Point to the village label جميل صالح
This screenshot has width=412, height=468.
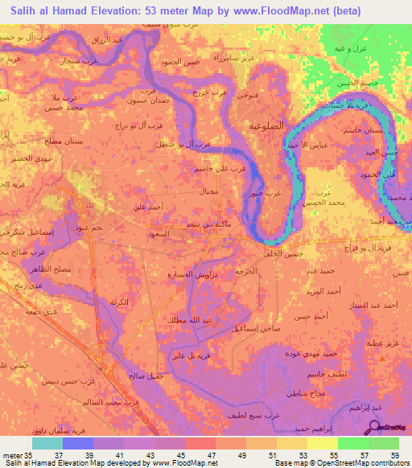[x=146, y=376]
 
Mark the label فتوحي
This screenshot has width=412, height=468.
[x=245, y=94]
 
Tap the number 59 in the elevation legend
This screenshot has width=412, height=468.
[x=393, y=455]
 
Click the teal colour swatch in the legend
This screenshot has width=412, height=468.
[x=47, y=442]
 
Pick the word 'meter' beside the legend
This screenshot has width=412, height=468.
[x=12, y=455]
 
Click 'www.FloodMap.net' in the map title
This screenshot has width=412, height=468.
[x=290, y=11]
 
